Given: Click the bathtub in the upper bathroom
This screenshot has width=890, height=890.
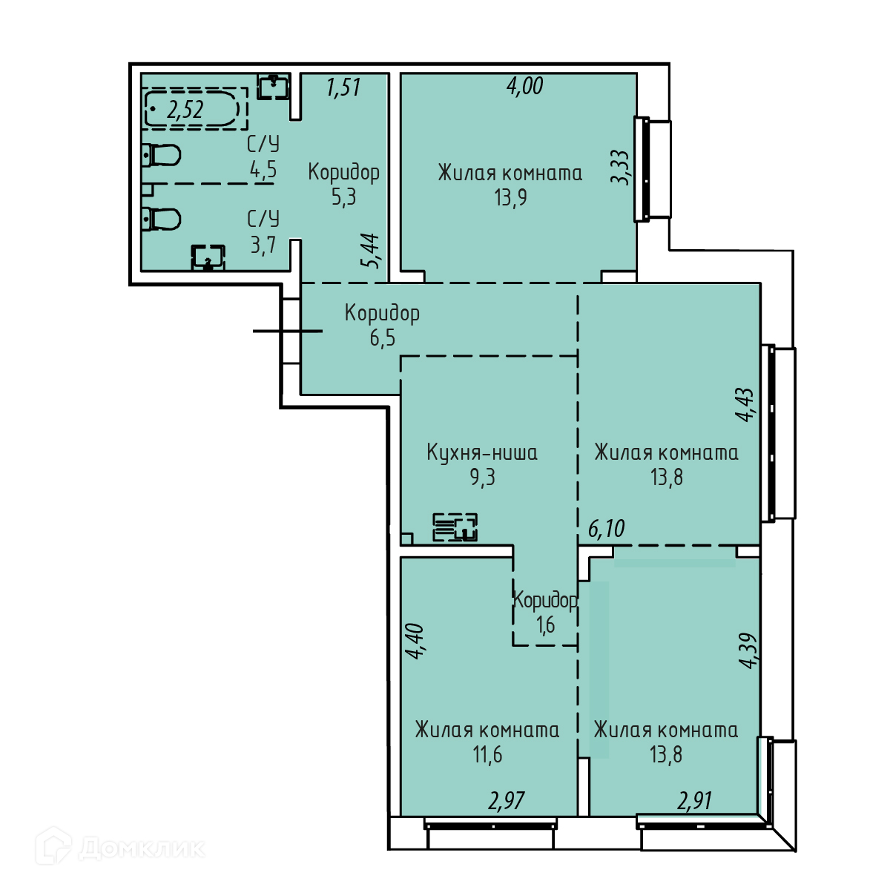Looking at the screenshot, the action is pyautogui.click(x=191, y=109).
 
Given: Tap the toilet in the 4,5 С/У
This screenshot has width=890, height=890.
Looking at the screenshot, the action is pyautogui.click(x=161, y=155).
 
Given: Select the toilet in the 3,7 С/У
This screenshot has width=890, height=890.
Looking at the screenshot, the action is pyautogui.click(x=161, y=220).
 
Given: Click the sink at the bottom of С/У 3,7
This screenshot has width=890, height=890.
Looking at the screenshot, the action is pyautogui.click(x=208, y=257).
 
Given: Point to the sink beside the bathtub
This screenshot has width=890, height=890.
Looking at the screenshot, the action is pyautogui.click(x=273, y=86).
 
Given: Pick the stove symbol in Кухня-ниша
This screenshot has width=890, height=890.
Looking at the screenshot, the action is pyautogui.click(x=455, y=527).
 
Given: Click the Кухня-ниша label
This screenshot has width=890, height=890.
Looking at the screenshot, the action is pyautogui.click(x=482, y=452).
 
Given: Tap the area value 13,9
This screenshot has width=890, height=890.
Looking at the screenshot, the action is pyautogui.click(x=510, y=198).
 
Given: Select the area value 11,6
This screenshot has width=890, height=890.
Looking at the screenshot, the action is pyautogui.click(x=488, y=755).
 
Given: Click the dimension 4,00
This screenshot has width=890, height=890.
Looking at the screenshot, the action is pyautogui.click(x=525, y=86).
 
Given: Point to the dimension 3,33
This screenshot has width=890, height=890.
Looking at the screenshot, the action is pyautogui.click(x=620, y=167).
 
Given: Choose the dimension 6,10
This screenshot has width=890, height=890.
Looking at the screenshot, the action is pyautogui.click(x=607, y=528).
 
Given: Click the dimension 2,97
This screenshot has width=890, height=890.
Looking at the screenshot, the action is pyautogui.click(x=507, y=801).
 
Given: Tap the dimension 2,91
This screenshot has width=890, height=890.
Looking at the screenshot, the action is pyautogui.click(x=695, y=801).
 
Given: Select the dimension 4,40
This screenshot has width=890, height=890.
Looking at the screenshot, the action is pyautogui.click(x=414, y=641).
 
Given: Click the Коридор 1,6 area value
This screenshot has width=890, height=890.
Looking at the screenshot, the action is pyautogui.click(x=545, y=625).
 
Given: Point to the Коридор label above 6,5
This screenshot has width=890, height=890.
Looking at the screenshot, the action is pyautogui.click(x=383, y=314).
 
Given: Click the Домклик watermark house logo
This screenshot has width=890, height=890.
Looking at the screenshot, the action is pyautogui.click(x=53, y=845).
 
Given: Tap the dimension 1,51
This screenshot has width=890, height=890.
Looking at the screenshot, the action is pyautogui.click(x=343, y=88).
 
